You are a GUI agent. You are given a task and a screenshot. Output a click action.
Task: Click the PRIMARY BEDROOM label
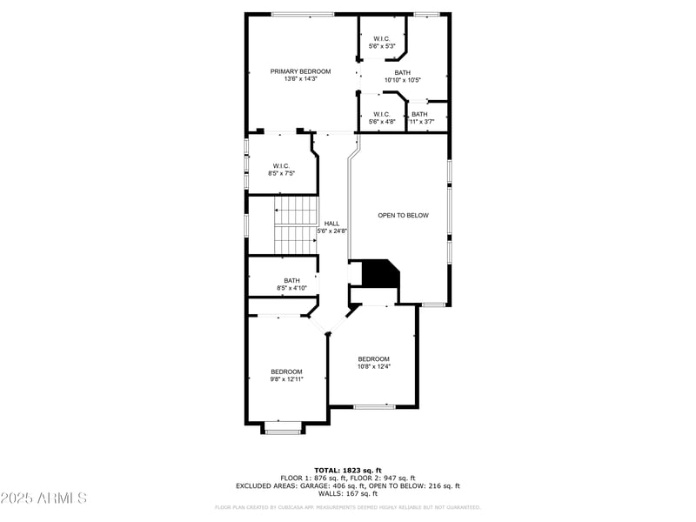(x=300, y=71)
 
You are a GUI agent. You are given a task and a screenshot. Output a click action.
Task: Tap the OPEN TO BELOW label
(x=403, y=215)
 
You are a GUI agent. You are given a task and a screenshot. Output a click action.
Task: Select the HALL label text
(x=331, y=224)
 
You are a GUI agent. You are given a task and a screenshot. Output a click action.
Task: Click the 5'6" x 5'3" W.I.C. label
(x=382, y=42)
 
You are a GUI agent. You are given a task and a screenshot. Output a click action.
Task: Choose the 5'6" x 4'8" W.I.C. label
(x=382, y=117)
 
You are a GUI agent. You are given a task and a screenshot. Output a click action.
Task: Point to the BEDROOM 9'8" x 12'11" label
(x=285, y=375)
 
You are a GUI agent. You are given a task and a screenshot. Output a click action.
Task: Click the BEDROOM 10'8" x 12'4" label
(x=373, y=362)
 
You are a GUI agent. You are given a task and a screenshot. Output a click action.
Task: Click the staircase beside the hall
(x=295, y=225)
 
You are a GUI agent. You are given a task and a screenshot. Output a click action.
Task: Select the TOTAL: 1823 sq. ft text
(x=347, y=470)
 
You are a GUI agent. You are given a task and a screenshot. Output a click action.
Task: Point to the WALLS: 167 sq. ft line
(x=347, y=493)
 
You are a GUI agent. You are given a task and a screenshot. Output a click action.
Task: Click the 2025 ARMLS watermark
(x=44, y=499)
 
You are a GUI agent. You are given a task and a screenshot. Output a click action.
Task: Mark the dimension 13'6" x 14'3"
(x=300, y=79)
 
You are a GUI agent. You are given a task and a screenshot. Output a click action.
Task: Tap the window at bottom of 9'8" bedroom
(x=283, y=432)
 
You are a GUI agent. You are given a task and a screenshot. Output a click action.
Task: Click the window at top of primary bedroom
(x=302, y=14)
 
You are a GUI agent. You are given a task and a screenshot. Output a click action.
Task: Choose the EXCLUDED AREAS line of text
(x=347, y=485)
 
